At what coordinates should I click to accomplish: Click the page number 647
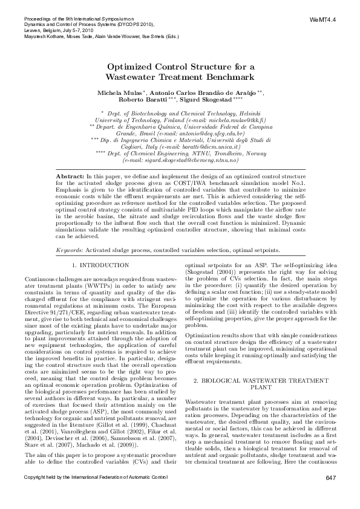[x=330, y=495]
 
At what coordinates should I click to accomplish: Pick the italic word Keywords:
[x=70, y=233]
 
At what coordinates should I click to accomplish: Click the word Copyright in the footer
[x=38, y=495]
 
